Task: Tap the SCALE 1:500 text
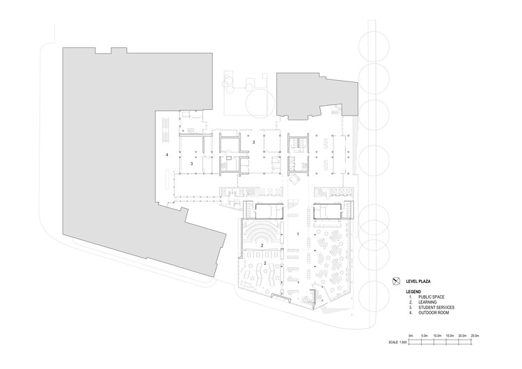tap(399, 343)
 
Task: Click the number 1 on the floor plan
tap(299, 235)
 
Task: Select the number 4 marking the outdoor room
tap(167, 153)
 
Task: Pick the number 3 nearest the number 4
tap(191, 163)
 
